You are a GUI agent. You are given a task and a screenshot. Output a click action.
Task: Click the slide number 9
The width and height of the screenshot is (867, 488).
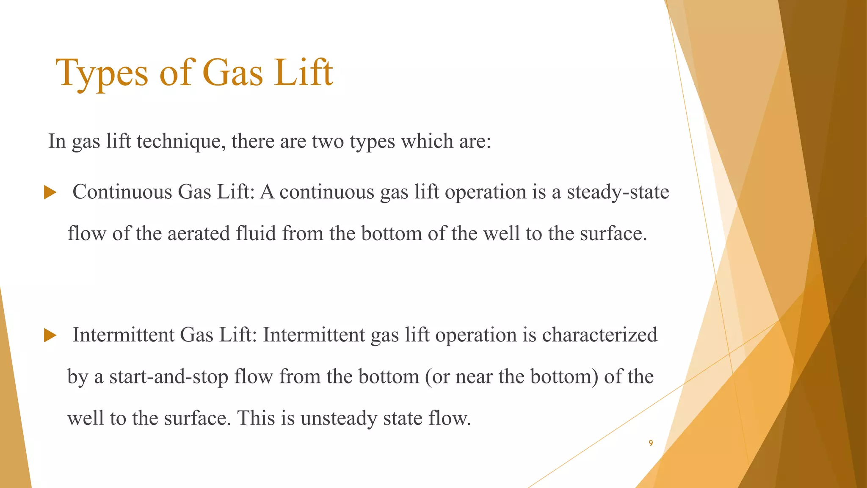click(651, 443)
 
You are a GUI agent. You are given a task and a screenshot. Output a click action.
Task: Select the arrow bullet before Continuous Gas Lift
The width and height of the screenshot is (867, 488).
click(50, 193)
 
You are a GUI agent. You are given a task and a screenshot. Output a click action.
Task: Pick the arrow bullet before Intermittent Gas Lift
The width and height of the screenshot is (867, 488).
click(50, 336)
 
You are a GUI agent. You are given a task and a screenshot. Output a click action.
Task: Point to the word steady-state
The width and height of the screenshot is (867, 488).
click(618, 192)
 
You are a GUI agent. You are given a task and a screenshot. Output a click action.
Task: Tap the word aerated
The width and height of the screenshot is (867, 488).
click(199, 233)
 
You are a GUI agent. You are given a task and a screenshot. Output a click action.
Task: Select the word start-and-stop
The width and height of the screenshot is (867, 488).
click(169, 377)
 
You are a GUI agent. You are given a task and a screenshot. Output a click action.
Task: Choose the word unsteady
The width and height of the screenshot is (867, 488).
click(339, 418)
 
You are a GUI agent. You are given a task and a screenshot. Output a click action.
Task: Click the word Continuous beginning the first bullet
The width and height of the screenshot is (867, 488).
click(122, 192)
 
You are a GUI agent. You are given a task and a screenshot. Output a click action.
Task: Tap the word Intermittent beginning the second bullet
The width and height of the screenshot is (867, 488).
click(123, 335)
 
